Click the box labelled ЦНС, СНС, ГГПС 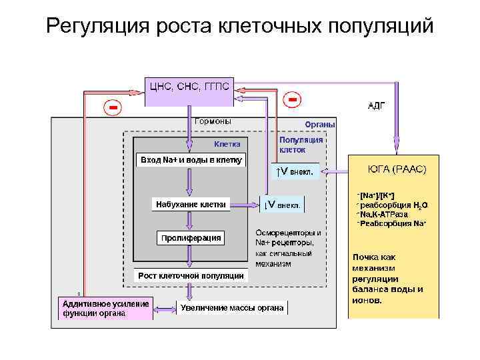pos(189,87)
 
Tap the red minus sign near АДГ pos(291,99)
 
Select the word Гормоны pos(213,121)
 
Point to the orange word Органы pos(320,125)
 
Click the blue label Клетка pos(231,145)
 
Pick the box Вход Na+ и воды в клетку pos(191,160)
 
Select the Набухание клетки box pos(191,204)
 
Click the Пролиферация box pos(190,238)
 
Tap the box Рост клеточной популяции pos(191,275)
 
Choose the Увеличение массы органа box pos(232,307)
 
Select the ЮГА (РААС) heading pos(397,169)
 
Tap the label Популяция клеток pos(301,145)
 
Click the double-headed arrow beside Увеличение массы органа pos(165,308)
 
